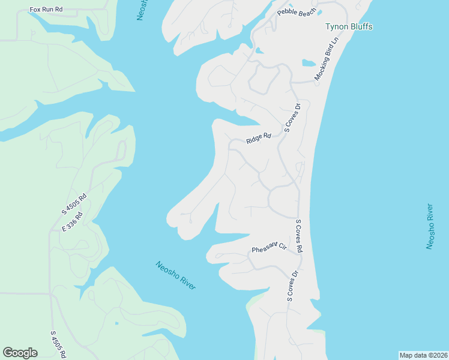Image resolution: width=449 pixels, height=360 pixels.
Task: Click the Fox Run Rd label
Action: (46, 11)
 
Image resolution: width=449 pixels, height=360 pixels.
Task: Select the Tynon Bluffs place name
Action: (348, 26)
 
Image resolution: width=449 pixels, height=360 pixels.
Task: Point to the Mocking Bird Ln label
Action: (327, 59)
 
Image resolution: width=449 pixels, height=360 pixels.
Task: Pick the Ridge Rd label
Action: (259, 139)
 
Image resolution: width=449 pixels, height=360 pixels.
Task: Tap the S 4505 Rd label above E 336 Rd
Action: (74, 203)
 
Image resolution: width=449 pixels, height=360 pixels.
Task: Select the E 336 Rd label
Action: (71, 223)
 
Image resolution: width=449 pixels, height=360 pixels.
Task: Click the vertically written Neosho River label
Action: (430, 226)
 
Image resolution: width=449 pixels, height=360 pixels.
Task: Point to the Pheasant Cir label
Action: (270, 248)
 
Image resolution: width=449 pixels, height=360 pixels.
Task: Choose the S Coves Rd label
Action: (298, 236)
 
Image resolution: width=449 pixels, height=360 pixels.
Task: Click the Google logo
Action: (20, 353)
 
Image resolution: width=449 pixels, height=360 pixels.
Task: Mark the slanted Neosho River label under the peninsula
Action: (175, 275)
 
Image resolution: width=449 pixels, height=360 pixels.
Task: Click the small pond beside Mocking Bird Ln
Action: (309, 62)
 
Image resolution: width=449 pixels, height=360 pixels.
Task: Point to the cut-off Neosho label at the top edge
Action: (142, 10)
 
